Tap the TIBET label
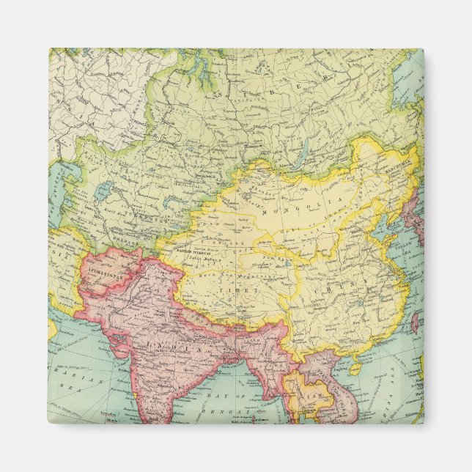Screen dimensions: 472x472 pyautogui.click(x=247, y=291)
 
